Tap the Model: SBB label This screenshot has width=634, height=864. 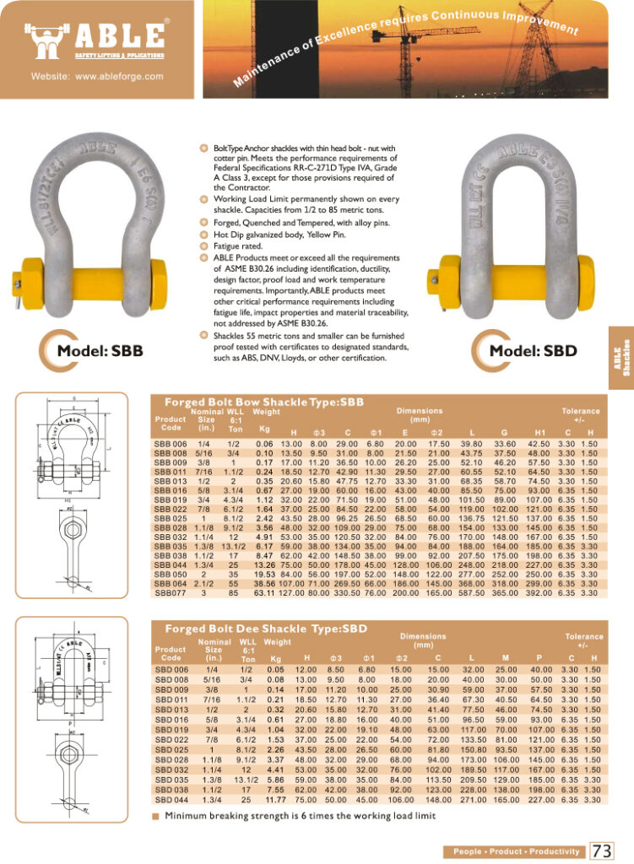[x=100, y=351]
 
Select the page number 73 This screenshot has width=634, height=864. [x=602, y=850]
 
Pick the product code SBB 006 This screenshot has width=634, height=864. [x=170, y=444]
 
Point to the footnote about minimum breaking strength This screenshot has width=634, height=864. [x=300, y=816]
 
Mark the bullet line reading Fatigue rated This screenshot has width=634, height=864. [x=234, y=246]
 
